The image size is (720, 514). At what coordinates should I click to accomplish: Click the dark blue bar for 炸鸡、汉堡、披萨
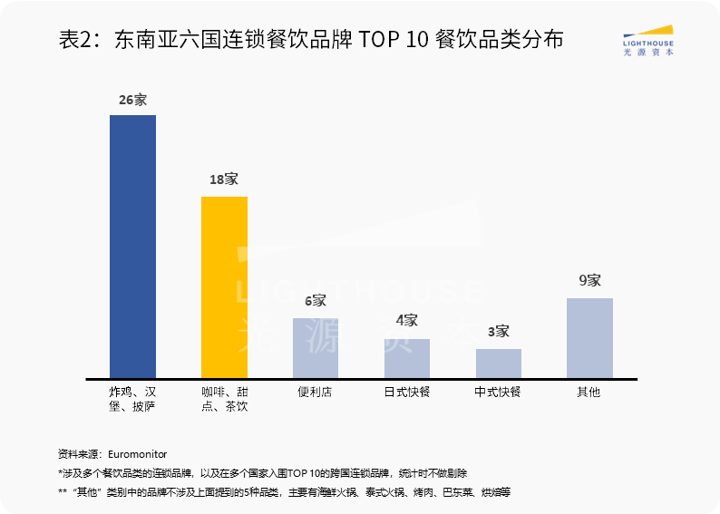pyautogui.click(x=132, y=247)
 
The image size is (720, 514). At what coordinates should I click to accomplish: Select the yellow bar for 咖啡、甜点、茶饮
pyautogui.click(x=224, y=287)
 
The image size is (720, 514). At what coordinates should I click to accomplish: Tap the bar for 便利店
pyautogui.click(x=316, y=348)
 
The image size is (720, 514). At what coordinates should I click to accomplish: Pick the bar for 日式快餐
pyautogui.click(x=406, y=358)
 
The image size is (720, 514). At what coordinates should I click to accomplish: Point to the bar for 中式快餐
pyautogui.click(x=498, y=364)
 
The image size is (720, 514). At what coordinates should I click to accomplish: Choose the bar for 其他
pyautogui.click(x=589, y=338)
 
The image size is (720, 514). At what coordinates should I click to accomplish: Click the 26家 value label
pyautogui.click(x=132, y=100)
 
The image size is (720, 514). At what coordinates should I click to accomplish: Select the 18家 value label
pyautogui.click(x=224, y=179)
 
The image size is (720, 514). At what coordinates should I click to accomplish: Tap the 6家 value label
pyautogui.click(x=316, y=301)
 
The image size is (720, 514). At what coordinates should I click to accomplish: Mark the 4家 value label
pyautogui.click(x=406, y=321)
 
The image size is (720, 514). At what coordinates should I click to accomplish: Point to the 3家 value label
pyautogui.click(x=498, y=332)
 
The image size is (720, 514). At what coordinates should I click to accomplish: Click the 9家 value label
pyautogui.click(x=589, y=281)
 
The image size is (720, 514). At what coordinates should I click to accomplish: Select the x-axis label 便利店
pyautogui.click(x=316, y=393)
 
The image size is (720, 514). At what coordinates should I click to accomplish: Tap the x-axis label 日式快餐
pyautogui.click(x=406, y=393)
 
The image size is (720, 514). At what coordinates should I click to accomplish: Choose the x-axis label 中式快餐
pyautogui.click(x=498, y=393)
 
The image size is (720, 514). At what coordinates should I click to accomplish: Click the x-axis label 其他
pyautogui.click(x=589, y=393)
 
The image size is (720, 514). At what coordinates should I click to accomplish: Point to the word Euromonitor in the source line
pyautogui.click(x=137, y=453)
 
